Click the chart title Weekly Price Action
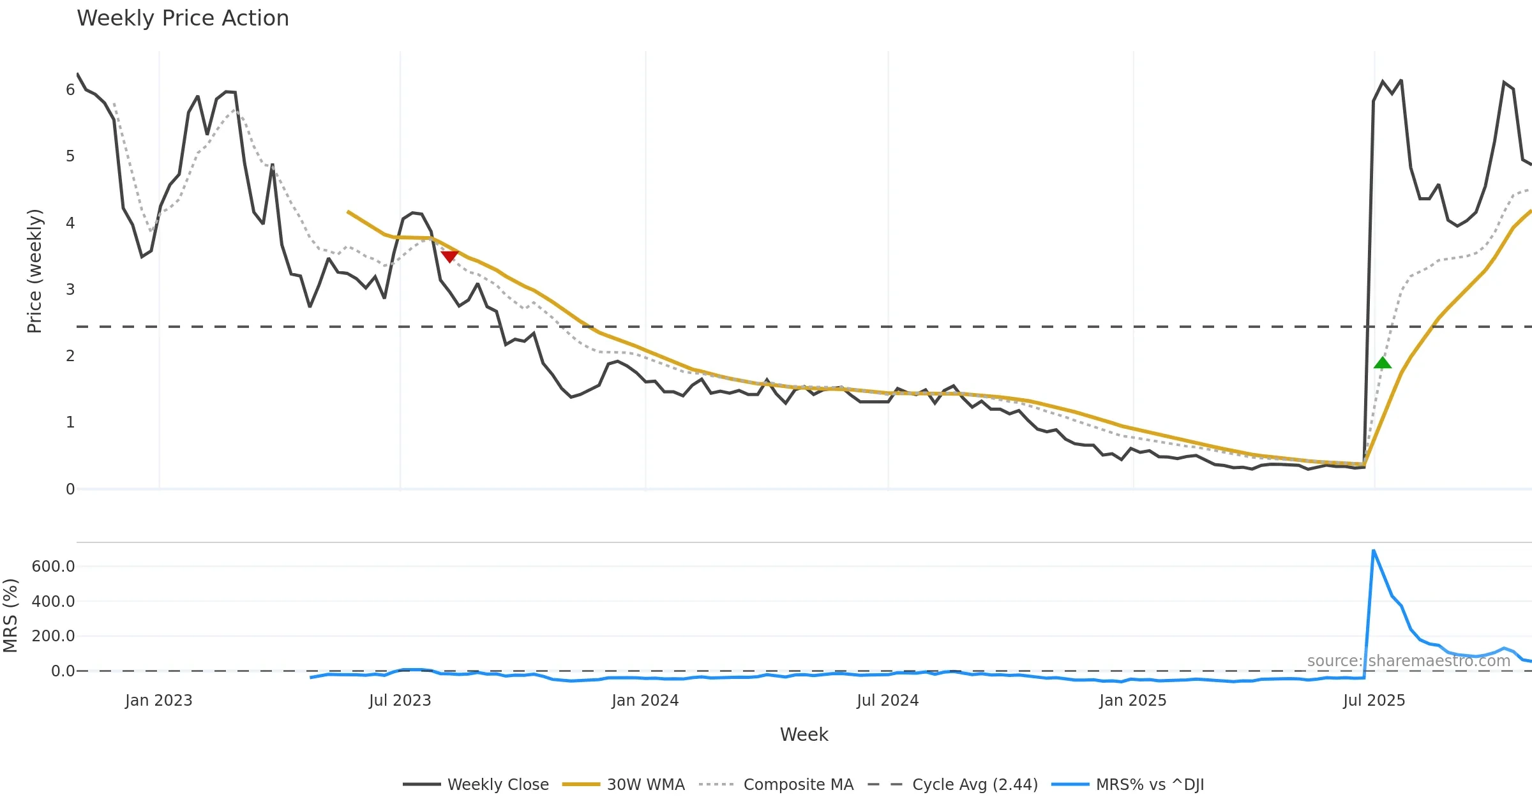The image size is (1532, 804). coord(183,19)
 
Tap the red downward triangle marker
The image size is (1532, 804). coord(449,256)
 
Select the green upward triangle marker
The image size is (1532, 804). coord(1382,363)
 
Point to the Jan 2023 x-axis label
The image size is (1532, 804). coord(159,701)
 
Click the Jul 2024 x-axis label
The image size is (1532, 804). coord(887,701)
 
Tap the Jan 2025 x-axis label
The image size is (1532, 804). coord(1132,701)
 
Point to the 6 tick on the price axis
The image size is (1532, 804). coord(70,90)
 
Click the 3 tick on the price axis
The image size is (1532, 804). coord(70,290)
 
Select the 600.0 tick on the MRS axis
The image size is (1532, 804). coord(54,567)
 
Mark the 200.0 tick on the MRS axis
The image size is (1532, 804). coord(54,636)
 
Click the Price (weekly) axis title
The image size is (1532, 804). coord(34,271)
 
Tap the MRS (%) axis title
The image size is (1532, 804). coord(10,616)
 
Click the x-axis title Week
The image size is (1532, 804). coord(804,735)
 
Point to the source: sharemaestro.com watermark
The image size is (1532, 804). coord(1408,661)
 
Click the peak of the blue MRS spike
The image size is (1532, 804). coord(1373,550)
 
